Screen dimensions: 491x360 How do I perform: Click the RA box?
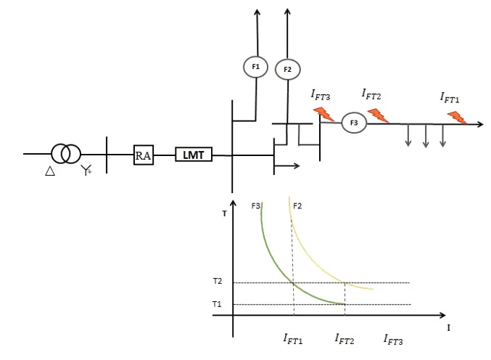144,155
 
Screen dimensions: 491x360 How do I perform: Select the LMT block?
194,155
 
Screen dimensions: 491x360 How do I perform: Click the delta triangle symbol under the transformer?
50,171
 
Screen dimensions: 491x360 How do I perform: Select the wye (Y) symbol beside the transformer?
86,170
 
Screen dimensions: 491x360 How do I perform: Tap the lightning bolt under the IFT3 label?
323,114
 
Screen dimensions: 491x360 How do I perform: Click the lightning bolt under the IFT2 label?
378,115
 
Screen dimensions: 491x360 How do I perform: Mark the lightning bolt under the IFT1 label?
457,118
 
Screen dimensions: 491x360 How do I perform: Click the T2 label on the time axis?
218,281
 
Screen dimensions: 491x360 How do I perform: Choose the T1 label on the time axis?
217,304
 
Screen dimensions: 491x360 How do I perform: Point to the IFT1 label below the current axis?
293,339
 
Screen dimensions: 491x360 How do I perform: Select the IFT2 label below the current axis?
344,339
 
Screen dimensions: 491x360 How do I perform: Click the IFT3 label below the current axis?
393,340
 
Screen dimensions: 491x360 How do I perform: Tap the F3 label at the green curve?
255,206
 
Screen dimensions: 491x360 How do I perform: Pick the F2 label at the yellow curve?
297,206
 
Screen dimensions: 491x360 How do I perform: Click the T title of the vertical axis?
224,213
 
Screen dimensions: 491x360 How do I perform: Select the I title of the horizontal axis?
448,328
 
